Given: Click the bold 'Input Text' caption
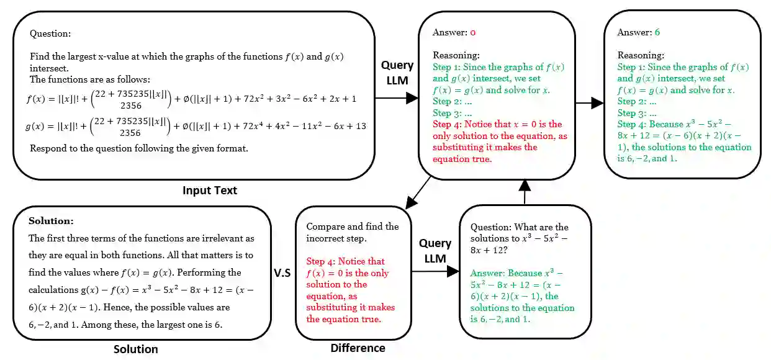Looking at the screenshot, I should pos(209,191).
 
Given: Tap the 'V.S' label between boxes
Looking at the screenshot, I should pos(282,272).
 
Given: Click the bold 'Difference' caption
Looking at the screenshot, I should pos(358,348).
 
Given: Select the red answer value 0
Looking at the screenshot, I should pos(472,32).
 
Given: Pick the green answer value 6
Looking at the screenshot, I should pos(657,32).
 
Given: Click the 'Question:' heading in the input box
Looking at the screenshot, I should pos(50,34).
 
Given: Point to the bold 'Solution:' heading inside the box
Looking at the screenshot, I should pos(51,221).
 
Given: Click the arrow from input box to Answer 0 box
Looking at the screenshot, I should pos(397,97).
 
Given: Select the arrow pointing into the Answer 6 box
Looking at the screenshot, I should pos(589,102).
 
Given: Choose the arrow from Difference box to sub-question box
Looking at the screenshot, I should pos(435,271).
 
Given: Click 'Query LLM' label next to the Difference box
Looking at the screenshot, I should pos(435,250).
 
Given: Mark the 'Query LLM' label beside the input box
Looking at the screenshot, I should pos(397,71).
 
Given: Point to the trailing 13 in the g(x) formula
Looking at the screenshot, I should pos(360,127).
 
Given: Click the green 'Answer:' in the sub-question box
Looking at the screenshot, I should pos(487,273).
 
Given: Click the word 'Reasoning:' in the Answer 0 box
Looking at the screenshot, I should pos(456,55).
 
